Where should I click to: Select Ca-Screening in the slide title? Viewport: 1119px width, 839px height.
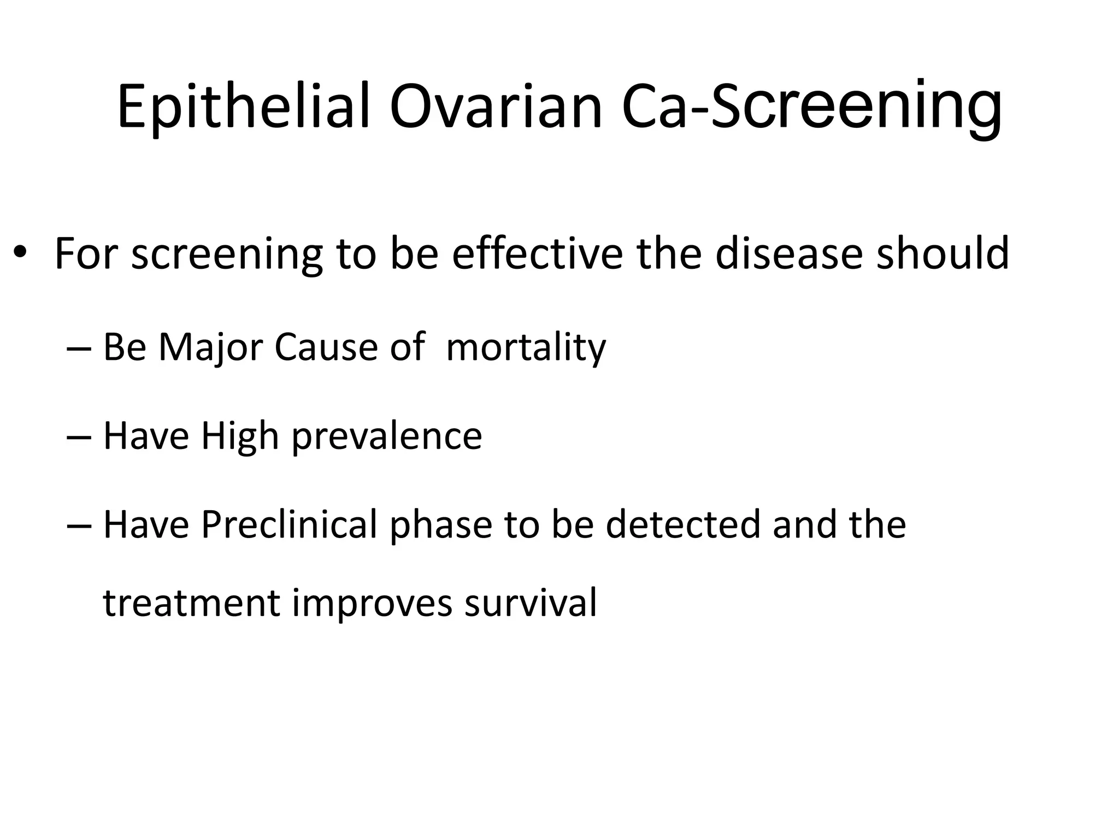[x=812, y=107]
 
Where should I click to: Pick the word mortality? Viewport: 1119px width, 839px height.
[x=526, y=347]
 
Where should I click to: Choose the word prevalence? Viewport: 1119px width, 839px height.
[x=386, y=436]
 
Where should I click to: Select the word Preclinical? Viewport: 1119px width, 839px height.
[x=289, y=524]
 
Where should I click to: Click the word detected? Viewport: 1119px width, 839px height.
[x=683, y=524]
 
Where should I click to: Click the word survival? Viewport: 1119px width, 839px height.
[x=531, y=604]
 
